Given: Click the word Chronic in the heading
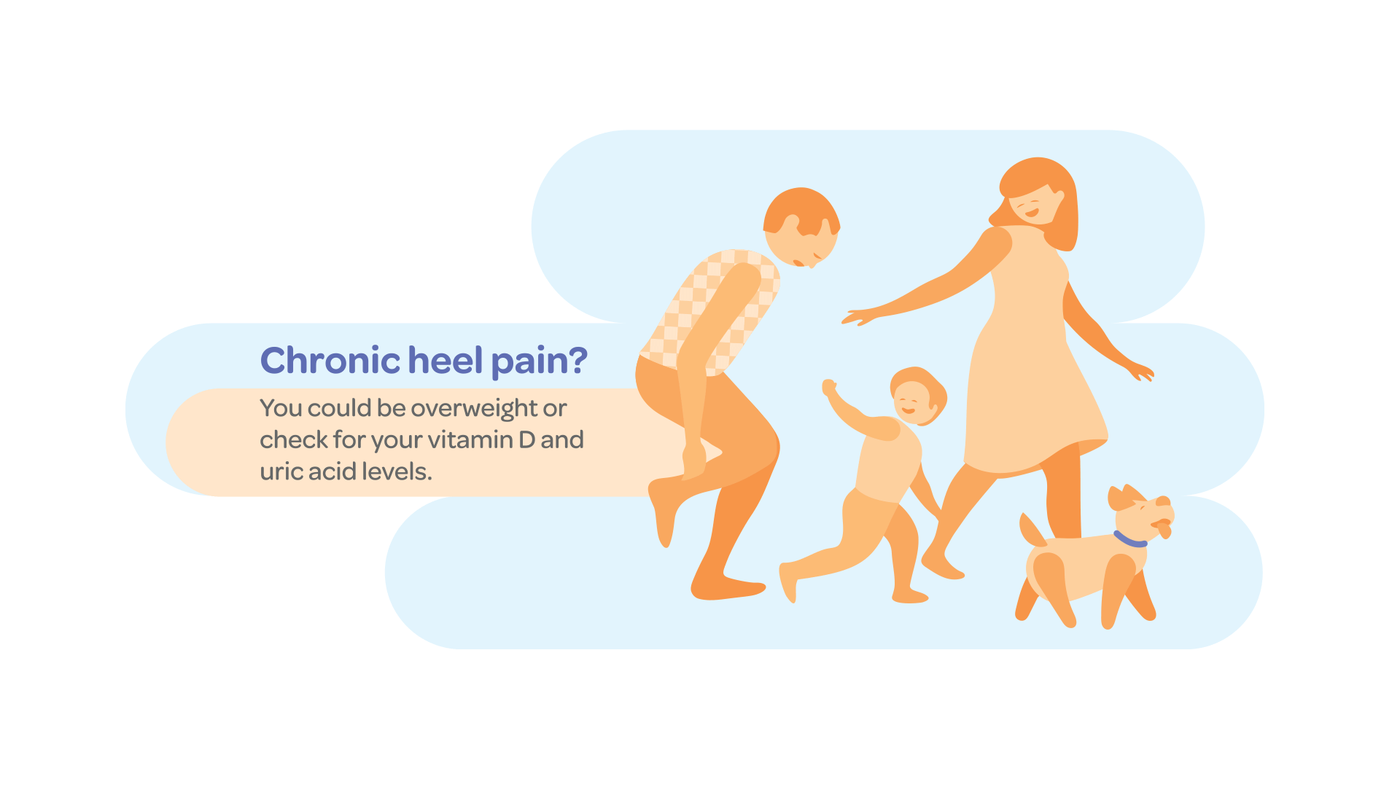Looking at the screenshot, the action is pyautogui.click(x=330, y=360).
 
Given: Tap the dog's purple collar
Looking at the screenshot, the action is pyautogui.click(x=1129, y=540).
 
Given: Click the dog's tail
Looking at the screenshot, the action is pyautogui.click(x=1032, y=530).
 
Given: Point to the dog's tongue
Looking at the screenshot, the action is pyautogui.click(x=1164, y=530).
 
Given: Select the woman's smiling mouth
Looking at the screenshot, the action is pyautogui.click(x=1031, y=213).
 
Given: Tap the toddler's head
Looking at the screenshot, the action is pyautogui.click(x=918, y=396).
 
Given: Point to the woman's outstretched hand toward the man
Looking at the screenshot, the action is pyautogui.click(x=859, y=317).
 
